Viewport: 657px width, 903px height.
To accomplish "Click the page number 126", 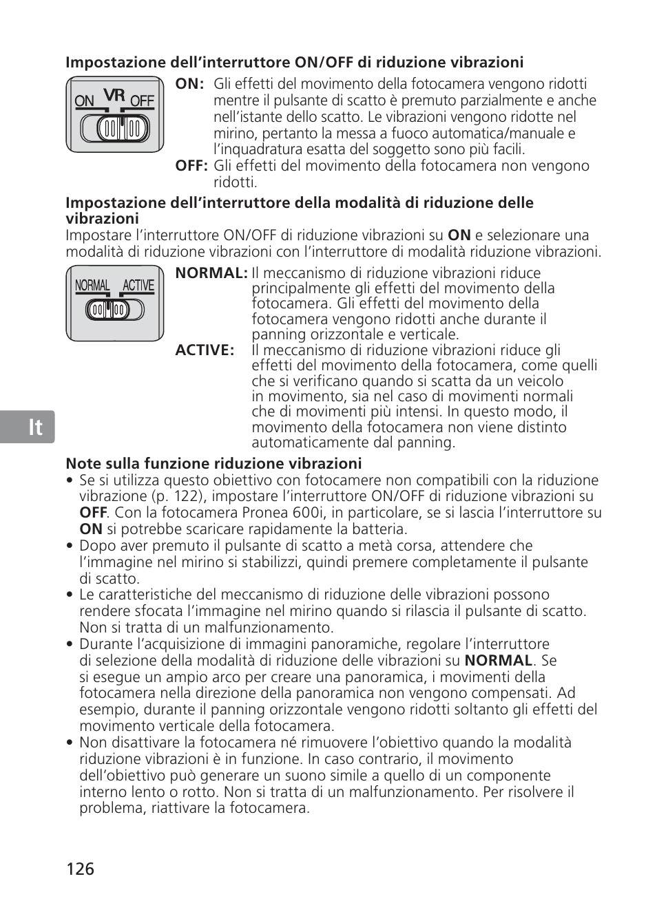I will pyautogui.click(x=81, y=869).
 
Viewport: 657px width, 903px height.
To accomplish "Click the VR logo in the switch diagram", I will pyautogui.click(x=114, y=95).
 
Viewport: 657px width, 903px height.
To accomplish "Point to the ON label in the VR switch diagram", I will pyautogui.click(x=84, y=102).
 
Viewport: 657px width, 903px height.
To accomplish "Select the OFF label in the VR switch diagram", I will pyautogui.click(x=142, y=102).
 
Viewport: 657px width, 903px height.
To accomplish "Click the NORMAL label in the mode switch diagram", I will pyautogui.click(x=92, y=286).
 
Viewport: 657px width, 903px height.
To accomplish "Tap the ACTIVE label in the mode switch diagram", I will pyautogui.click(x=138, y=286).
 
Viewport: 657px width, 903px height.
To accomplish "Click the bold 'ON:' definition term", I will pyautogui.click(x=189, y=84).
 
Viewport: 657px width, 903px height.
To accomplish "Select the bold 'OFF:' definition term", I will pyautogui.click(x=191, y=166).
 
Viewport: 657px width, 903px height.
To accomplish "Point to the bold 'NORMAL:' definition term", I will pyautogui.click(x=211, y=273).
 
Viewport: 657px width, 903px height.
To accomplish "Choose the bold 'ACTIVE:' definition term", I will pyautogui.click(x=205, y=350).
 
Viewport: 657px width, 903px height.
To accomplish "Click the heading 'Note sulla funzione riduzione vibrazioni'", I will pyautogui.click(x=213, y=464).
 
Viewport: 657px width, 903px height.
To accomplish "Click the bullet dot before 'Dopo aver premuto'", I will pyautogui.click(x=70, y=546).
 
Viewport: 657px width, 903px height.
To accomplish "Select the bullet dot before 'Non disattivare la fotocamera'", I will pyautogui.click(x=70, y=743).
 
